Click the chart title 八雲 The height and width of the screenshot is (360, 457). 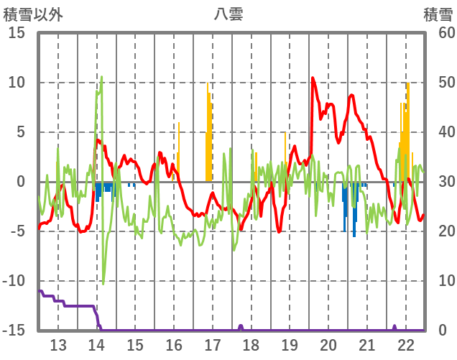228,14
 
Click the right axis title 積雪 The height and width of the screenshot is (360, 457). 438,14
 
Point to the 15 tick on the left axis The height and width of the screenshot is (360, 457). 16,33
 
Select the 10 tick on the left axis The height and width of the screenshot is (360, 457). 16,83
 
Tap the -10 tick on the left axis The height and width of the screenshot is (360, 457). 13,281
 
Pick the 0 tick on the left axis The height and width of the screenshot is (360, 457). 20,182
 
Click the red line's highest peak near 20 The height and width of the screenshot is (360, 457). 313,78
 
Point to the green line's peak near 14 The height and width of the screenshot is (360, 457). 101,77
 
